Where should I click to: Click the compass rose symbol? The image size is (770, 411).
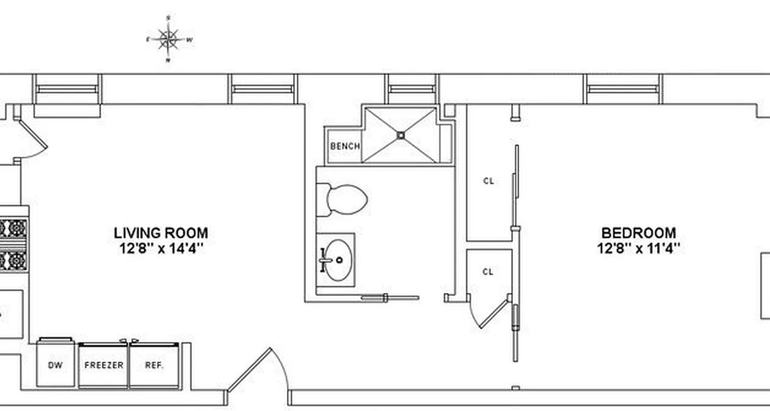pos(168,39)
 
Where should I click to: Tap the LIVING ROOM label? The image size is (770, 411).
pos(161,233)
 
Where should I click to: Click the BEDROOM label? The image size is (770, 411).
pos(639,233)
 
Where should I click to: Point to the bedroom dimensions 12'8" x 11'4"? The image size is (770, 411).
pos(639,248)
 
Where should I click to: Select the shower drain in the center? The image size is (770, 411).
pos(401,135)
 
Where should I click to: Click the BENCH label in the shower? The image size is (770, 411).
pos(345,146)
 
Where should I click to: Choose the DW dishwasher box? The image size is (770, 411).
pos(55,365)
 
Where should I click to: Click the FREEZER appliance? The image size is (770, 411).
pos(104,365)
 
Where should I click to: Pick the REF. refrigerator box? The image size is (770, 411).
pos(154,365)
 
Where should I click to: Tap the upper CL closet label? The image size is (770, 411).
pos(489,181)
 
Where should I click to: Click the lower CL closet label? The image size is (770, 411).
pos(488,272)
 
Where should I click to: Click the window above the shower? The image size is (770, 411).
pos(412,89)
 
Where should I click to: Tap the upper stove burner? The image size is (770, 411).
pos(15,228)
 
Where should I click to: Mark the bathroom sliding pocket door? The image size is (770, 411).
pos(390,297)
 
